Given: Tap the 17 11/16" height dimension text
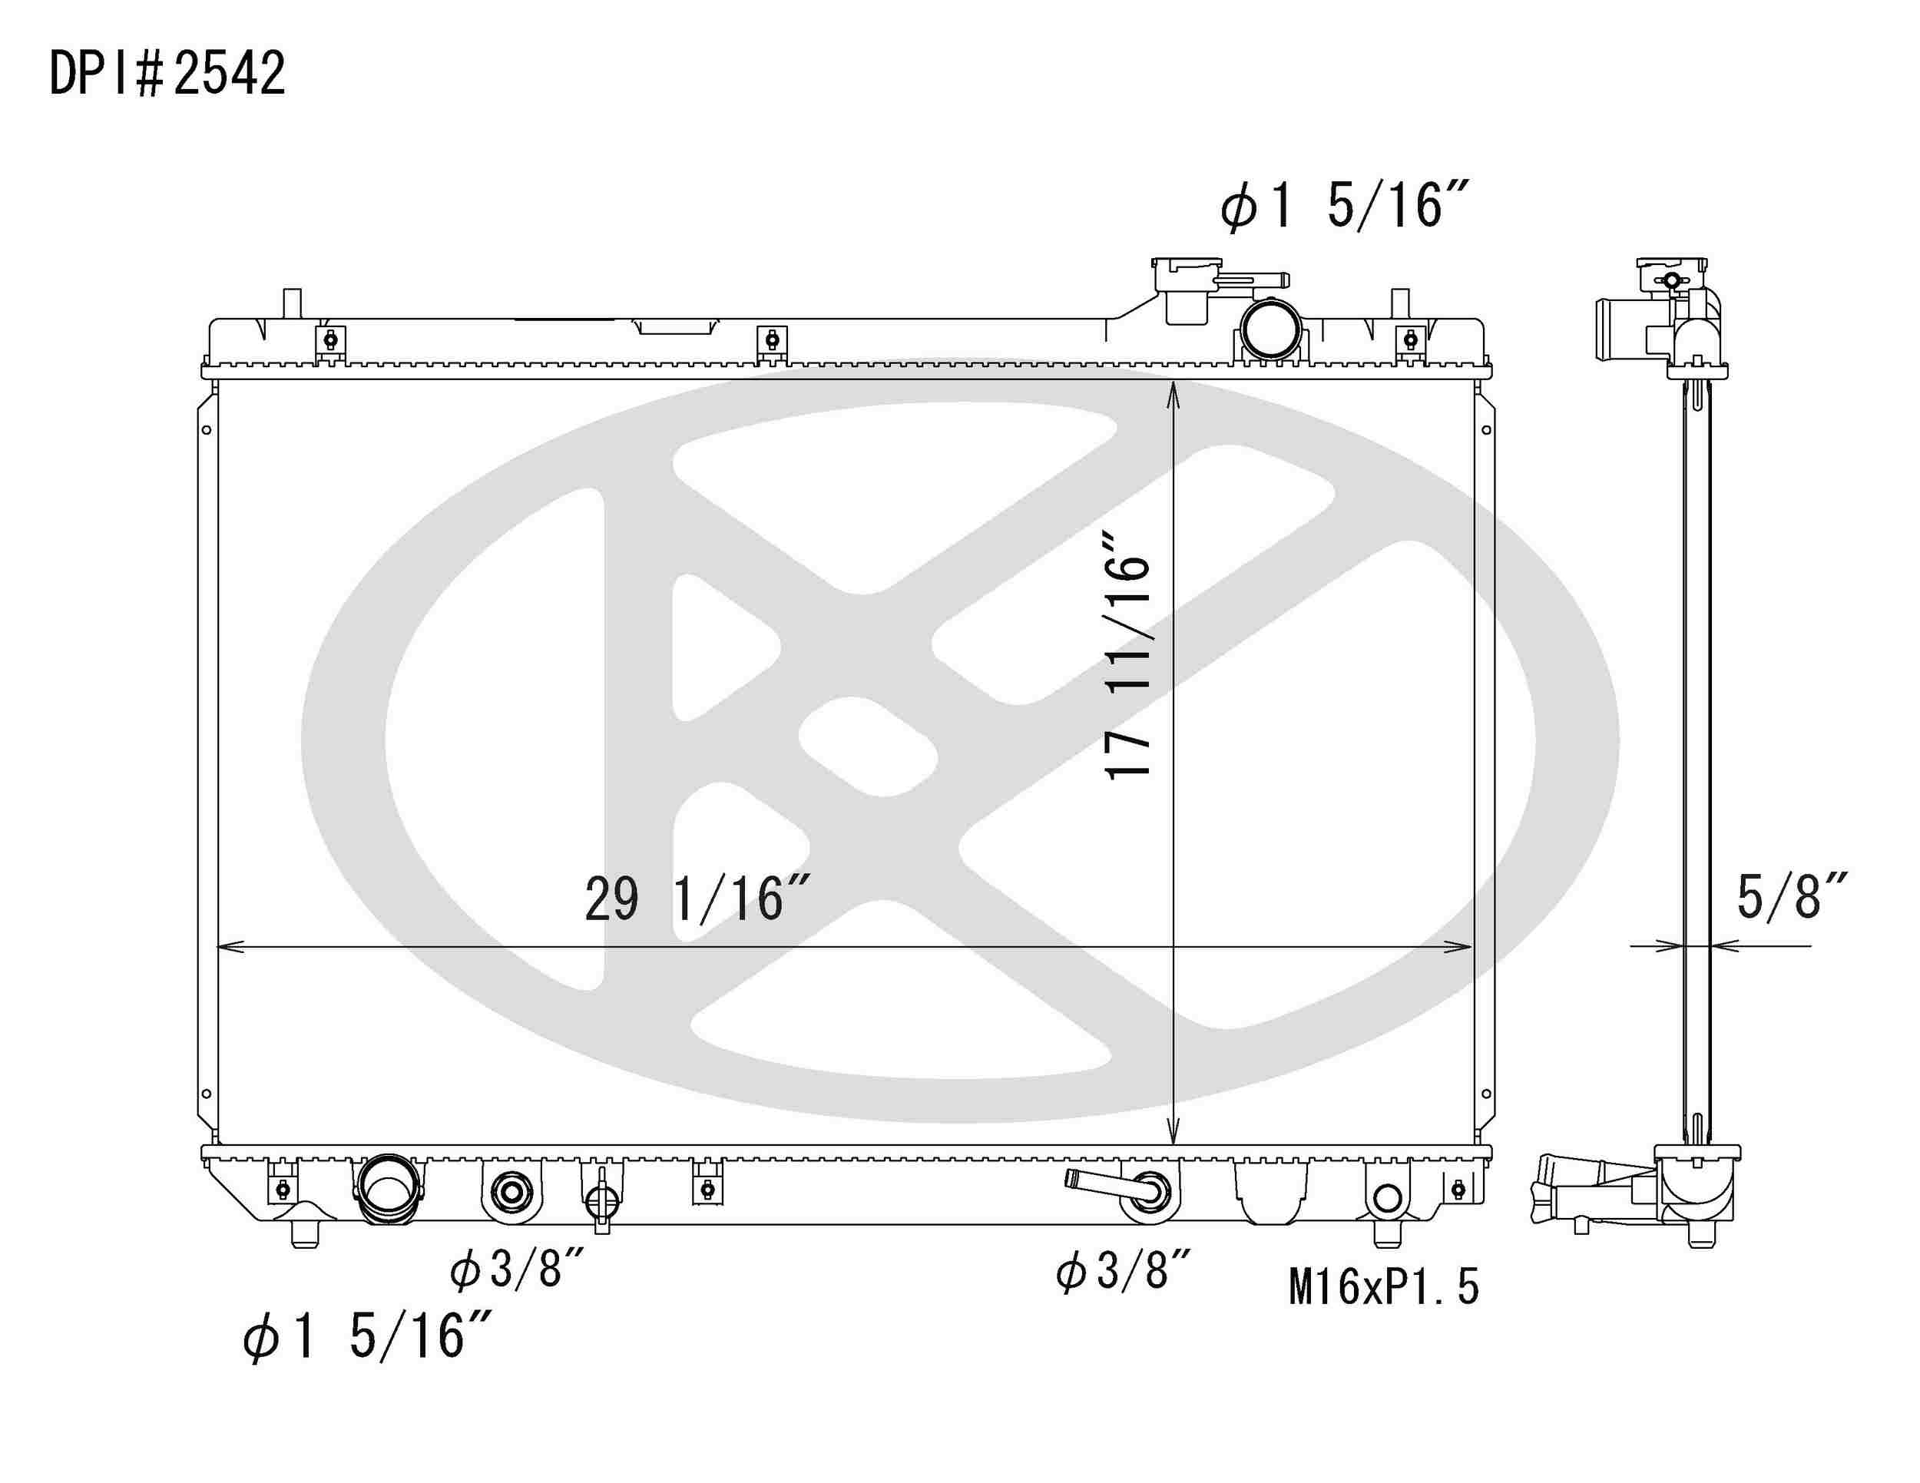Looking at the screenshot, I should [1128, 667].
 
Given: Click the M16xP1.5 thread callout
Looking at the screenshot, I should [1384, 1287].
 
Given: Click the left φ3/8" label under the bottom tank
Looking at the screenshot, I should [517, 1269].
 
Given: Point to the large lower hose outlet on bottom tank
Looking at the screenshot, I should [386, 1190].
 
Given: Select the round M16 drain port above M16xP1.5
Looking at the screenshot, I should [1386, 1197].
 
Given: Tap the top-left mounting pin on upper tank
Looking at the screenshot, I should [291, 303].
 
